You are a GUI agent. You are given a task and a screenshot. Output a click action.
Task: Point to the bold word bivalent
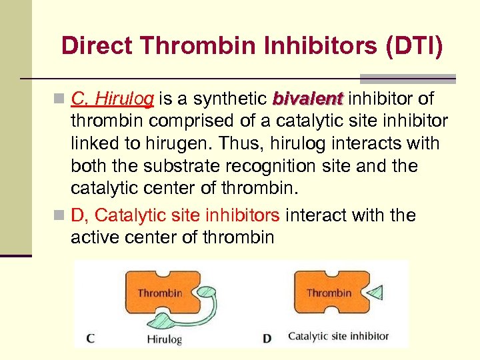pos(307,99)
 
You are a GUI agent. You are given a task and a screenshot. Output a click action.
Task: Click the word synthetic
pos(231,99)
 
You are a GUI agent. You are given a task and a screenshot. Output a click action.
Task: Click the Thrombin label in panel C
pos(159,293)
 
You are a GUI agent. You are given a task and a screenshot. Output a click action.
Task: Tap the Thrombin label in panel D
pos(329,293)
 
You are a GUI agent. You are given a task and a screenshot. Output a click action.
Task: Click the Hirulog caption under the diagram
pos(164,338)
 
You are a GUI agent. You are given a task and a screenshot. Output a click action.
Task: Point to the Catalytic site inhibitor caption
pos(338,336)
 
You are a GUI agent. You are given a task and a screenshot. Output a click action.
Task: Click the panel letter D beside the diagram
pos(267,338)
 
